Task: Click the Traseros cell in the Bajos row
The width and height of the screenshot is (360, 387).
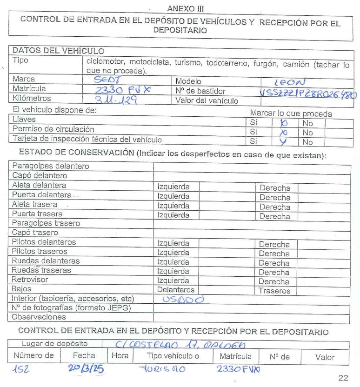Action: (x=275, y=291)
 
